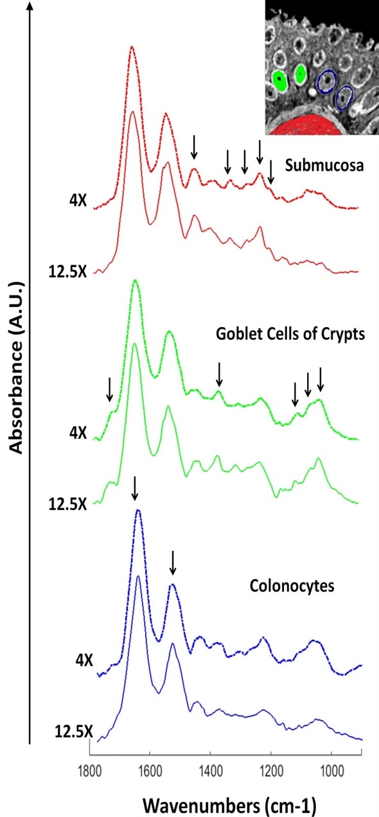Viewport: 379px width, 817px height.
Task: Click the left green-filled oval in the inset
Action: click(x=279, y=80)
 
